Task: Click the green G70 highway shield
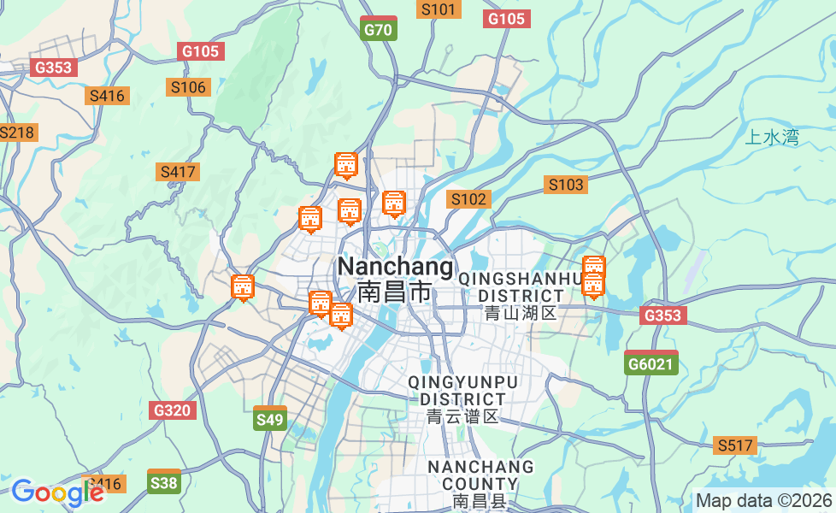[378, 29]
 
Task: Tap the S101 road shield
[439, 9]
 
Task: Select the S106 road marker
[188, 87]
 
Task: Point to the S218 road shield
[15, 133]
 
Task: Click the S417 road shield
[178, 172]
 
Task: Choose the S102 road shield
[468, 199]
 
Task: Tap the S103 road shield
[566, 185]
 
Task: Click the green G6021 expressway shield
[651, 363]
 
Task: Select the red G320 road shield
[172, 410]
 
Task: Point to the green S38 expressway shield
[163, 482]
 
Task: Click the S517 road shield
[735, 445]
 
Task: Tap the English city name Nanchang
[396, 267]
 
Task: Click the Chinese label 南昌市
[395, 292]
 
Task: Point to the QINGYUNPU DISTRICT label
[462, 390]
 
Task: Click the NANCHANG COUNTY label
[480, 475]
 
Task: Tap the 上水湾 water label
[772, 138]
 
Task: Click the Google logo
[57, 492]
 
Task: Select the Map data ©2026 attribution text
[763, 500]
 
